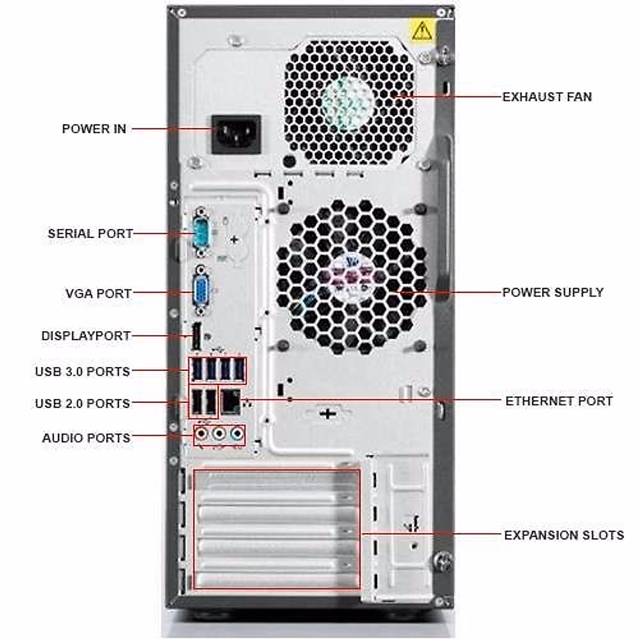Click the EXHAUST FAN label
point(547,97)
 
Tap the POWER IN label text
point(94,129)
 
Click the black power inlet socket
point(237,134)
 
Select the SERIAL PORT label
point(90,233)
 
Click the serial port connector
point(201,233)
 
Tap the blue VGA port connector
point(201,292)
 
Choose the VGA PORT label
point(98,293)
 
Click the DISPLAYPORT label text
point(86,336)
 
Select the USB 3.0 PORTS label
point(83,371)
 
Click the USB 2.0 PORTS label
point(83,403)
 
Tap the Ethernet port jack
point(231,400)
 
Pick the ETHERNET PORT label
point(559,400)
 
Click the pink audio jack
point(201,435)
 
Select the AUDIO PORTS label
point(86,438)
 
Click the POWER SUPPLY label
point(553,292)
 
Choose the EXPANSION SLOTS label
point(563,535)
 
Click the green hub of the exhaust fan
point(348,101)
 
